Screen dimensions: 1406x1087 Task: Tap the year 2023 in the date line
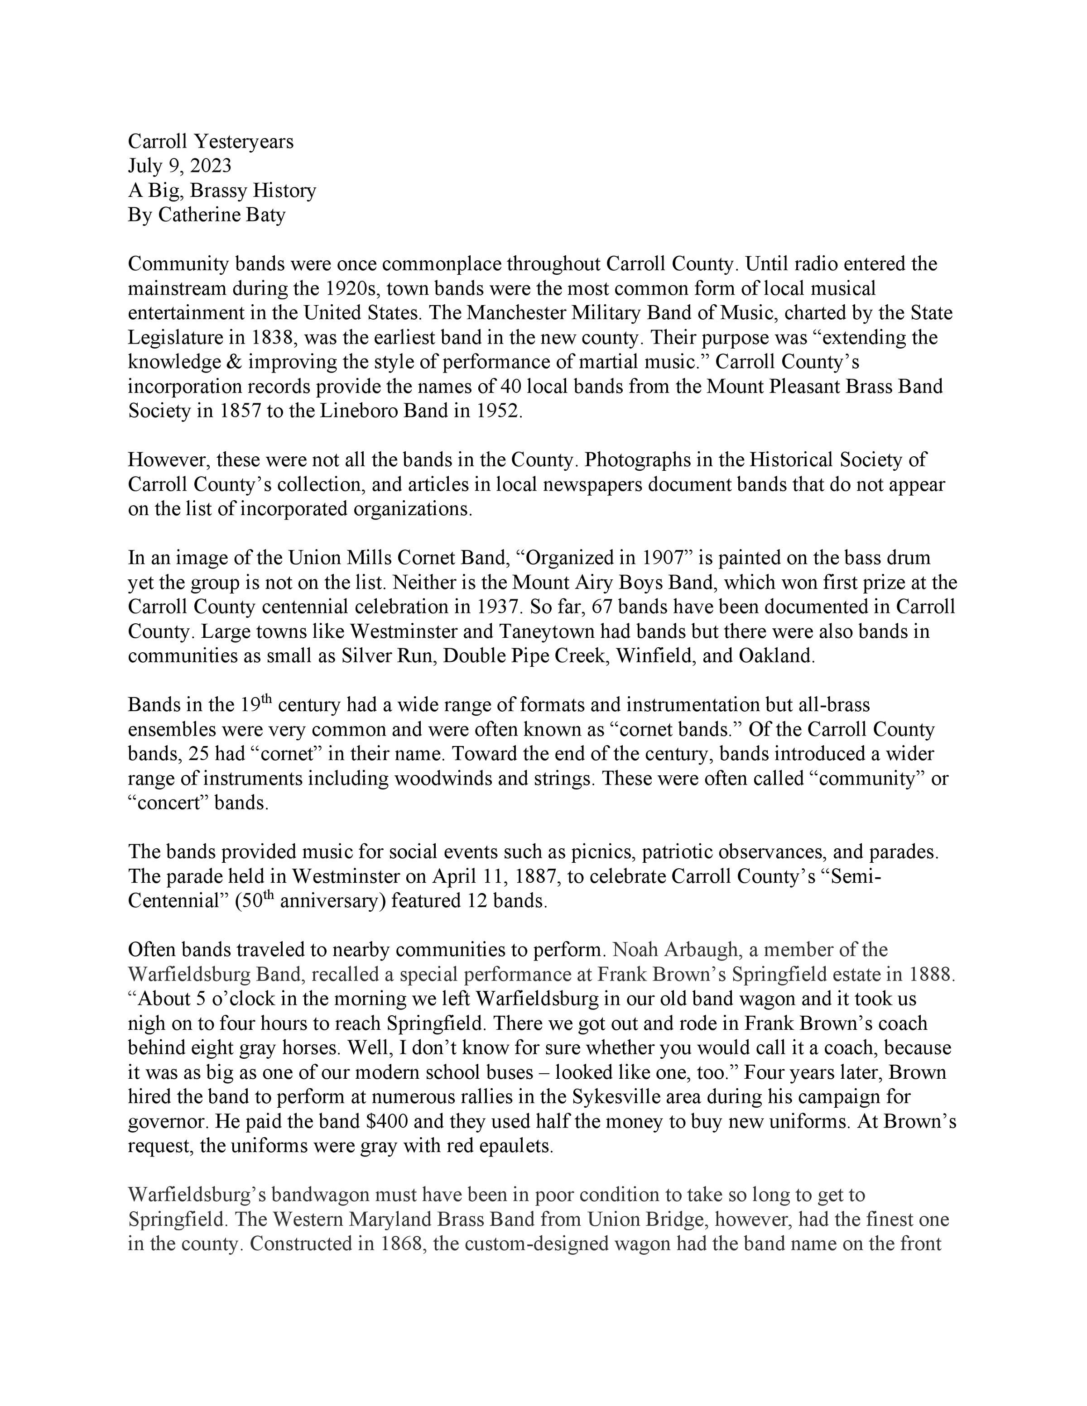coord(210,166)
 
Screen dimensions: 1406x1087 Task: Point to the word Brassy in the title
coord(217,191)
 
